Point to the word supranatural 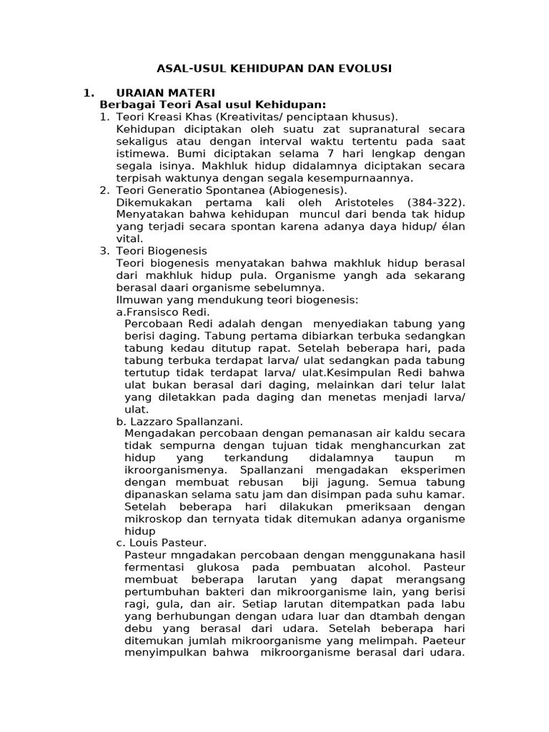[x=385, y=129]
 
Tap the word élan [x=450, y=227]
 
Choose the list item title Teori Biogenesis [x=162, y=251]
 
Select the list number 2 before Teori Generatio [x=104, y=190]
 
